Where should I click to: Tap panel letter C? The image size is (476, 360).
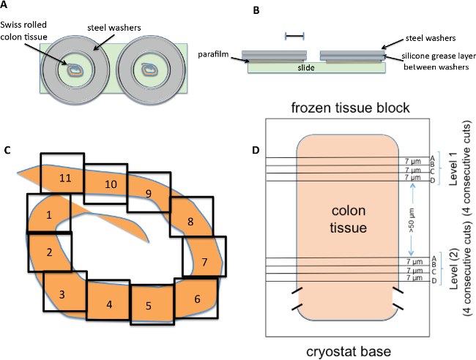pos(7,151)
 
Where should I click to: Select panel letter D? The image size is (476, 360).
pos(256,151)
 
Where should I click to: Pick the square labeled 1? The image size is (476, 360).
pos(49,215)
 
